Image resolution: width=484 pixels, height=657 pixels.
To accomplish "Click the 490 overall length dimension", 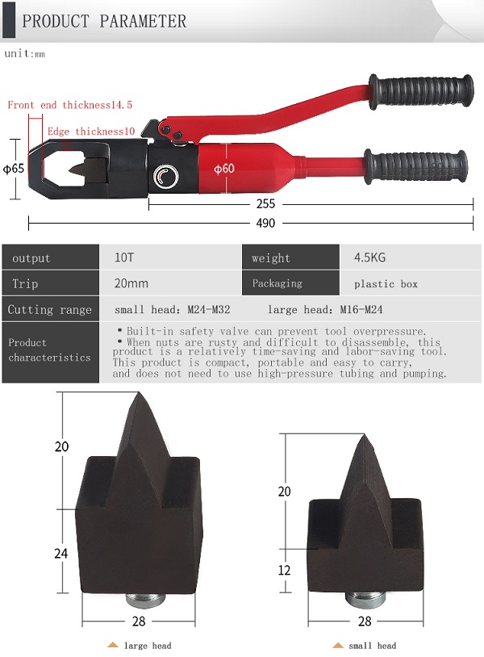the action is tap(265, 223).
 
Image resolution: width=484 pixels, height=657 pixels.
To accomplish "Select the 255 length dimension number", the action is tap(265, 204).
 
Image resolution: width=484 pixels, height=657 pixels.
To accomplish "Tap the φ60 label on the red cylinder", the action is tap(224, 169).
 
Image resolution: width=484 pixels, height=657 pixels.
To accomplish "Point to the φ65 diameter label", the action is tap(14, 169).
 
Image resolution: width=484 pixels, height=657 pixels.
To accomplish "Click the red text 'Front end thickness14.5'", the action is tap(70, 105).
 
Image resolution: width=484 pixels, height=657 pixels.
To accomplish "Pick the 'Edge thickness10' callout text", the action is tap(91, 131).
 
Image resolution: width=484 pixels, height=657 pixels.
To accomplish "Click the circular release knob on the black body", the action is tap(166, 176).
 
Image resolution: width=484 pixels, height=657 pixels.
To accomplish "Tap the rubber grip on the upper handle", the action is tap(421, 91).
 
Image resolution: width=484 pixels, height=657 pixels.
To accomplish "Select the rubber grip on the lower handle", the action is tap(415, 166).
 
